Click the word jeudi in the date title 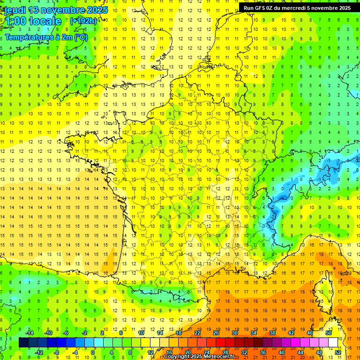(15, 10)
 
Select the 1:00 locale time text (33, 22)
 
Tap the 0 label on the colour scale (93, 352)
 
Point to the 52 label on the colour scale (338, 352)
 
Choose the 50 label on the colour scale (329, 333)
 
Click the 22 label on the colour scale (197, 333)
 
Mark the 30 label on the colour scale (235, 333)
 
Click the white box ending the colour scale (333, 343)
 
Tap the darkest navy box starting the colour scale (23, 343)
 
